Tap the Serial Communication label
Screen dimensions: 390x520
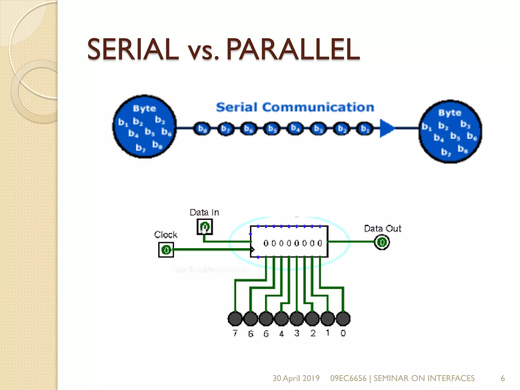pos(295,107)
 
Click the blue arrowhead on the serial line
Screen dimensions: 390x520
pos(387,128)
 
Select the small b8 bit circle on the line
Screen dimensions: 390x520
pos(202,128)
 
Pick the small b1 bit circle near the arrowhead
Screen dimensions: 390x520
pos(365,128)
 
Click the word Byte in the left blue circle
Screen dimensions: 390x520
pos(144,109)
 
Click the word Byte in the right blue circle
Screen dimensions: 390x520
pos(450,113)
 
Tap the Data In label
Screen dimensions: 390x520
pos(204,212)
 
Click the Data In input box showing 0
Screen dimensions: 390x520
pos(205,227)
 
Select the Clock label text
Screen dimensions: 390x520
pos(166,235)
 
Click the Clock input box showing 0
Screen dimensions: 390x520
pos(166,250)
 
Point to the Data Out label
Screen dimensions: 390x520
pos(383,229)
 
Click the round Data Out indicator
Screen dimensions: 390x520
pos(382,242)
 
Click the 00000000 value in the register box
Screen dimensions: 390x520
pos(293,243)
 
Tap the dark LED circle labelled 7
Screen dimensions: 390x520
pos(235,319)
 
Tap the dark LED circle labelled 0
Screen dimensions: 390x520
pos(343,319)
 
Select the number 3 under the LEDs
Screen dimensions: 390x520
pos(297,333)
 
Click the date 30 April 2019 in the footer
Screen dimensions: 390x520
pos(296,378)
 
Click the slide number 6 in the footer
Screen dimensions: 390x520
pos(502,378)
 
